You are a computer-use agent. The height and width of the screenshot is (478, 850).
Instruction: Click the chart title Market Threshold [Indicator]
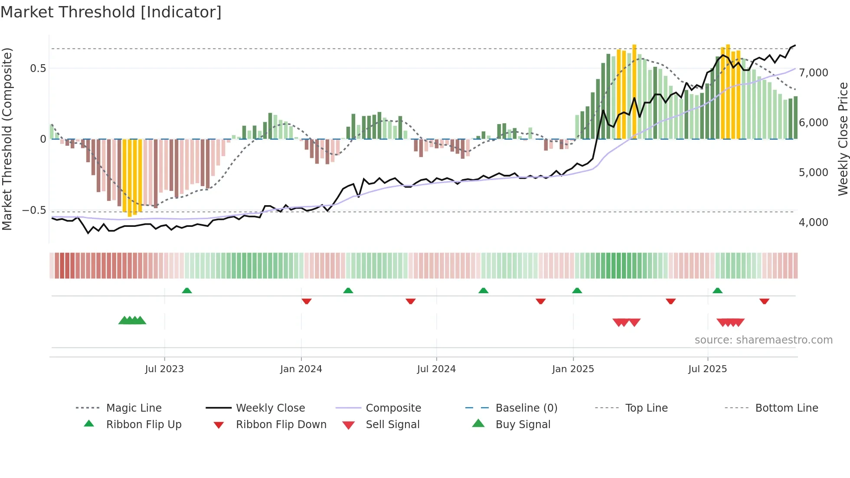[x=111, y=12]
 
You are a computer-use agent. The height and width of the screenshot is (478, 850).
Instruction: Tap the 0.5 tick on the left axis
[x=38, y=68]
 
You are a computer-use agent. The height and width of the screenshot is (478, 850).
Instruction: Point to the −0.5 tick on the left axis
[x=34, y=210]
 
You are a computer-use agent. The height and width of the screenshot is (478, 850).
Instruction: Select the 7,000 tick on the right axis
[x=813, y=73]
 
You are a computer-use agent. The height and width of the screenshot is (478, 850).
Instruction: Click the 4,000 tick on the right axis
[x=813, y=223]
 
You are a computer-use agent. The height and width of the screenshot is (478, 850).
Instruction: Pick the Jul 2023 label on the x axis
[x=164, y=369]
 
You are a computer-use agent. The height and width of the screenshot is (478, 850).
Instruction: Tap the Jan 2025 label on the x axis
[x=573, y=369]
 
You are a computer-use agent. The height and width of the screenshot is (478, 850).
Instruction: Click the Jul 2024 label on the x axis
[x=436, y=369]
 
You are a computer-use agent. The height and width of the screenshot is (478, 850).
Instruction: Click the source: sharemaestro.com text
[x=763, y=340]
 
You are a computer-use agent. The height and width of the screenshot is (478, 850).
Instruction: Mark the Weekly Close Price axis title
[x=843, y=139]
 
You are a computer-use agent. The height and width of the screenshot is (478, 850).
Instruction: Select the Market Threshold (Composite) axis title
[x=7, y=139]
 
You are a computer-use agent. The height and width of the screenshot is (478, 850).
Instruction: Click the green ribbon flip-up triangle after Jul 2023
[x=187, y=291]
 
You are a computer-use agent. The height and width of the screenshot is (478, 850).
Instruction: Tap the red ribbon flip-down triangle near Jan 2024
[x=307, y=301]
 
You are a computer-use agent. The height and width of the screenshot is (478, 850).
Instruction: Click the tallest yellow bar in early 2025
[x=634, y=91]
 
